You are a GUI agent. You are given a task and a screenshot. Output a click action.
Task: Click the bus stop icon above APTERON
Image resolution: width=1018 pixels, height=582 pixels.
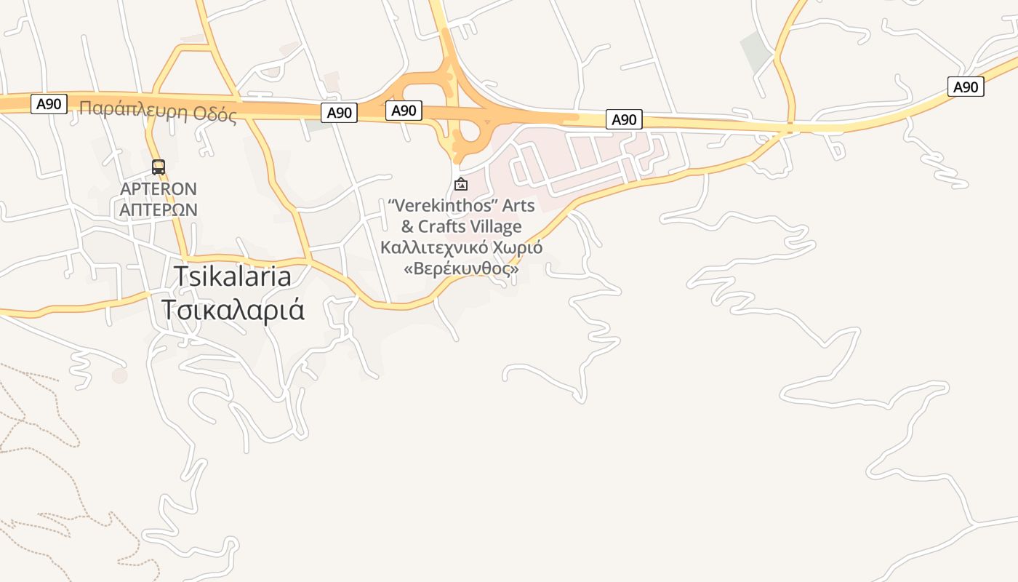159,167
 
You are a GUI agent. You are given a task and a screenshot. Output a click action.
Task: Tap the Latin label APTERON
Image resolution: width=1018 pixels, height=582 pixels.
159,189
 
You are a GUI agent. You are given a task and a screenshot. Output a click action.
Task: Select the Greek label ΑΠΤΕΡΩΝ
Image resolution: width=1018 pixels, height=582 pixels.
159,210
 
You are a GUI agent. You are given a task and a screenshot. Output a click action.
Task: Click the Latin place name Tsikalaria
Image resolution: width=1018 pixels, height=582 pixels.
233,276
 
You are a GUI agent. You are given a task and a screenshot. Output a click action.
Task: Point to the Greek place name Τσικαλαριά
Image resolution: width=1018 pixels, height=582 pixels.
233,310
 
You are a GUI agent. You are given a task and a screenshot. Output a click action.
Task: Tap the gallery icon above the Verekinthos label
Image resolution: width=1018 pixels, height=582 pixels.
460,185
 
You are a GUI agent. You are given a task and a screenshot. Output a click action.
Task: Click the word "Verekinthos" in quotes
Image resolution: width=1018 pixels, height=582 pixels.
443,206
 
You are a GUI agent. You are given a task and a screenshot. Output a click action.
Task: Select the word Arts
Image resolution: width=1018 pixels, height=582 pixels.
518,206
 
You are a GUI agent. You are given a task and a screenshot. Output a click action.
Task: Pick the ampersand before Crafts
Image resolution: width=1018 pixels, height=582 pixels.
407,226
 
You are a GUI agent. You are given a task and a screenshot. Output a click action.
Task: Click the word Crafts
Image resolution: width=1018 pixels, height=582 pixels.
443,226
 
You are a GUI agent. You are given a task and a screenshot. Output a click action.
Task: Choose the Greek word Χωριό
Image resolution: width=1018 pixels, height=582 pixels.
518,247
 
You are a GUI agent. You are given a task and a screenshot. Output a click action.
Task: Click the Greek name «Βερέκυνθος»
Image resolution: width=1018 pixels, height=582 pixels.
462,268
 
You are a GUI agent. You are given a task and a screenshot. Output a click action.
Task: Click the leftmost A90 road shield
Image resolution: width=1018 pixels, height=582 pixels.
49,104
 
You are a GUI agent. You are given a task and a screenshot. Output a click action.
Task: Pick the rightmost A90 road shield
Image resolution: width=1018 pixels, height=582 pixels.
966,87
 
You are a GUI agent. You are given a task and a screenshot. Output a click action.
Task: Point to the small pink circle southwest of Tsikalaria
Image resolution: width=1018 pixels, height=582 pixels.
120,375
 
